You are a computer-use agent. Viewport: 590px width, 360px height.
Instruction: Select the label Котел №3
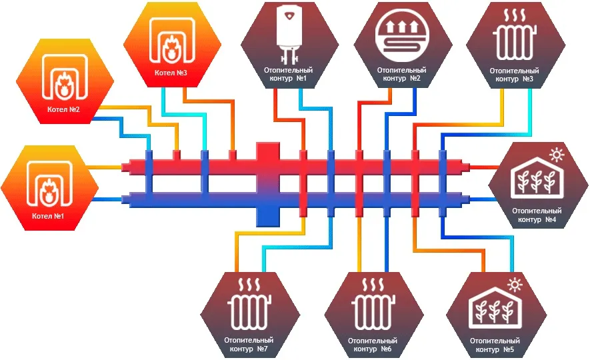tap(171, 73)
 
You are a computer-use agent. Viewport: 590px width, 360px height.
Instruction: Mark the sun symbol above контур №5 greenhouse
tap(515, 285)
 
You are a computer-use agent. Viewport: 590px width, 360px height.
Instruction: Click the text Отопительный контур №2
tap(403, 74)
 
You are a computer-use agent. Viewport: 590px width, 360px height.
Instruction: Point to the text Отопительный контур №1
tap(289, 74)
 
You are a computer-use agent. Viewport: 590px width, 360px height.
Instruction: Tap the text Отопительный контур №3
tap(515, 74)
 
